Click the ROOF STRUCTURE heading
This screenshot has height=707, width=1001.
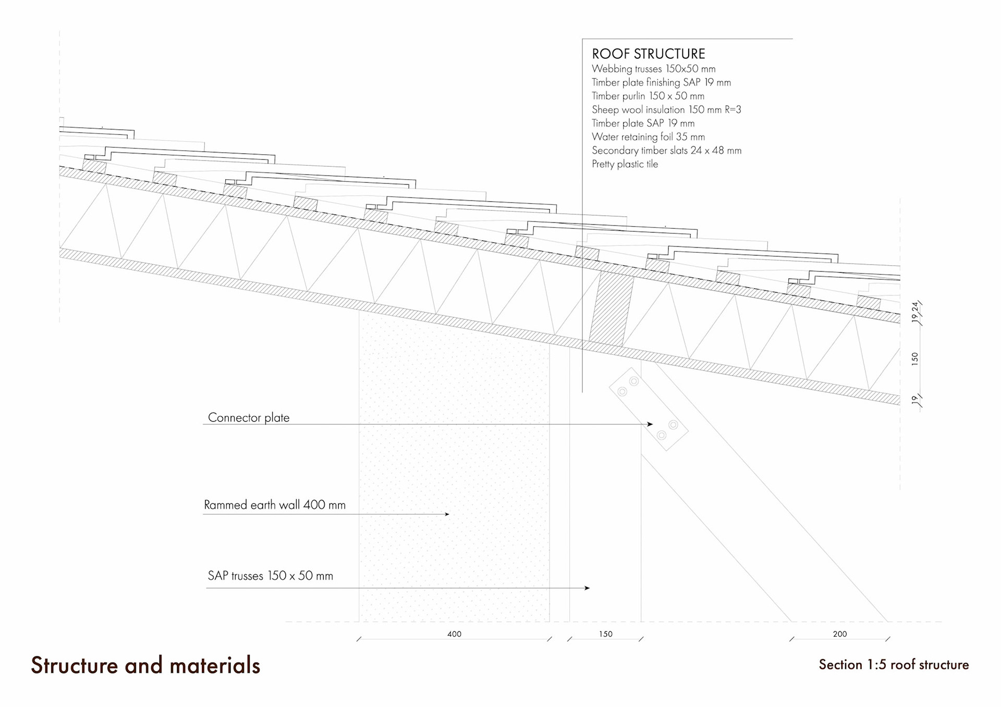point(648,54)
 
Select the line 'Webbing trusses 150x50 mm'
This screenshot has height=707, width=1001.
point(653,69)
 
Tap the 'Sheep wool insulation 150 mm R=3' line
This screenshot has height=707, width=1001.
point(666,109)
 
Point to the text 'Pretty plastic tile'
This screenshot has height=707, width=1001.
point(625,164)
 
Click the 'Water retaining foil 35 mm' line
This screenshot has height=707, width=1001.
point(648,137)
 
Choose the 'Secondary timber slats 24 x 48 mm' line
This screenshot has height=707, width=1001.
point(666,151)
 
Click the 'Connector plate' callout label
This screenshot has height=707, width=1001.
point(248,417)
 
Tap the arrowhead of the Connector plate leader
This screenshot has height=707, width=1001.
point(650,424)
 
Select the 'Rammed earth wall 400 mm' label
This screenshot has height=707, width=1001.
point(274,505)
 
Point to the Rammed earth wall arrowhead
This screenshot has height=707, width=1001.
point(447,514)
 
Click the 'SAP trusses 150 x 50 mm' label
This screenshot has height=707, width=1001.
point(270,576)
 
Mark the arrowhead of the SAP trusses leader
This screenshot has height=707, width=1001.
point(588,588)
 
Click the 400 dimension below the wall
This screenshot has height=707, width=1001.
point(454,634)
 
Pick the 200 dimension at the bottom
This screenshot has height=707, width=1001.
point(839,634)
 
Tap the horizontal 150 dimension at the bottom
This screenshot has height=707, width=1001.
point(605,634)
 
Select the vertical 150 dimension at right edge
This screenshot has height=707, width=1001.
point(914,358)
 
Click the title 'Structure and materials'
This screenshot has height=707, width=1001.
point(145,665)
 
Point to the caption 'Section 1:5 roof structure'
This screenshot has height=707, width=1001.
point(894,665)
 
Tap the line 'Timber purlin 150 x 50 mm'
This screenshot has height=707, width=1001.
point(648,96)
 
